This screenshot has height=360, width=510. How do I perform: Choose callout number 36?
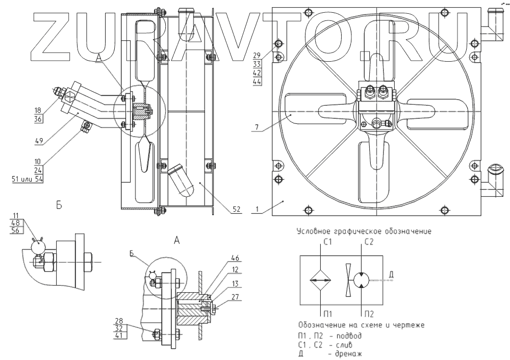pos(39,119)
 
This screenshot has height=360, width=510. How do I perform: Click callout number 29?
pos(257,54)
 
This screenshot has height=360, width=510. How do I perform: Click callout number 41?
pos(120,336)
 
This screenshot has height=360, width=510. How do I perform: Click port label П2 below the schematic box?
pos(367,313)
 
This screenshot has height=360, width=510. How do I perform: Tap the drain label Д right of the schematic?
pos(391,276)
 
